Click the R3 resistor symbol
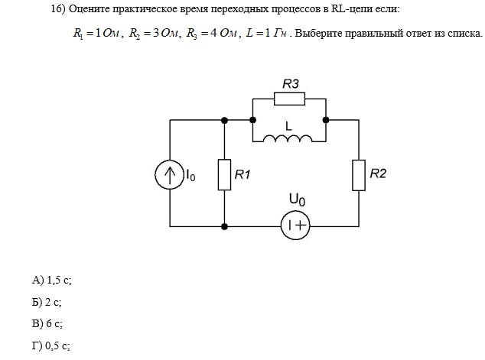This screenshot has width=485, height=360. click(290, 99)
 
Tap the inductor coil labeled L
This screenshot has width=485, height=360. click(288, 138)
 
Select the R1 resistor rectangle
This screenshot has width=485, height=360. click(224, 174)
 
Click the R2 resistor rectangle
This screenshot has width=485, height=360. click(359, 174)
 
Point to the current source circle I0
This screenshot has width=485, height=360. click(168, 175)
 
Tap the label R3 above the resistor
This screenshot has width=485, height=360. click(291, 83)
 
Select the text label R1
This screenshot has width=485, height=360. click(242, 175)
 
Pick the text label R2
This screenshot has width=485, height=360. click(378, 174)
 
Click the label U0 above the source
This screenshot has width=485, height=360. click(297, 201)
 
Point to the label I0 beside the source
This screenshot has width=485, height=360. click(190, 176)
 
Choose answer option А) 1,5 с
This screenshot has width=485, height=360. click(51, 281)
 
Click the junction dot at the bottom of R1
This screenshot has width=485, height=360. click(224, 226)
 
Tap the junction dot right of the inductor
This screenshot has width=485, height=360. click(326, 120)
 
